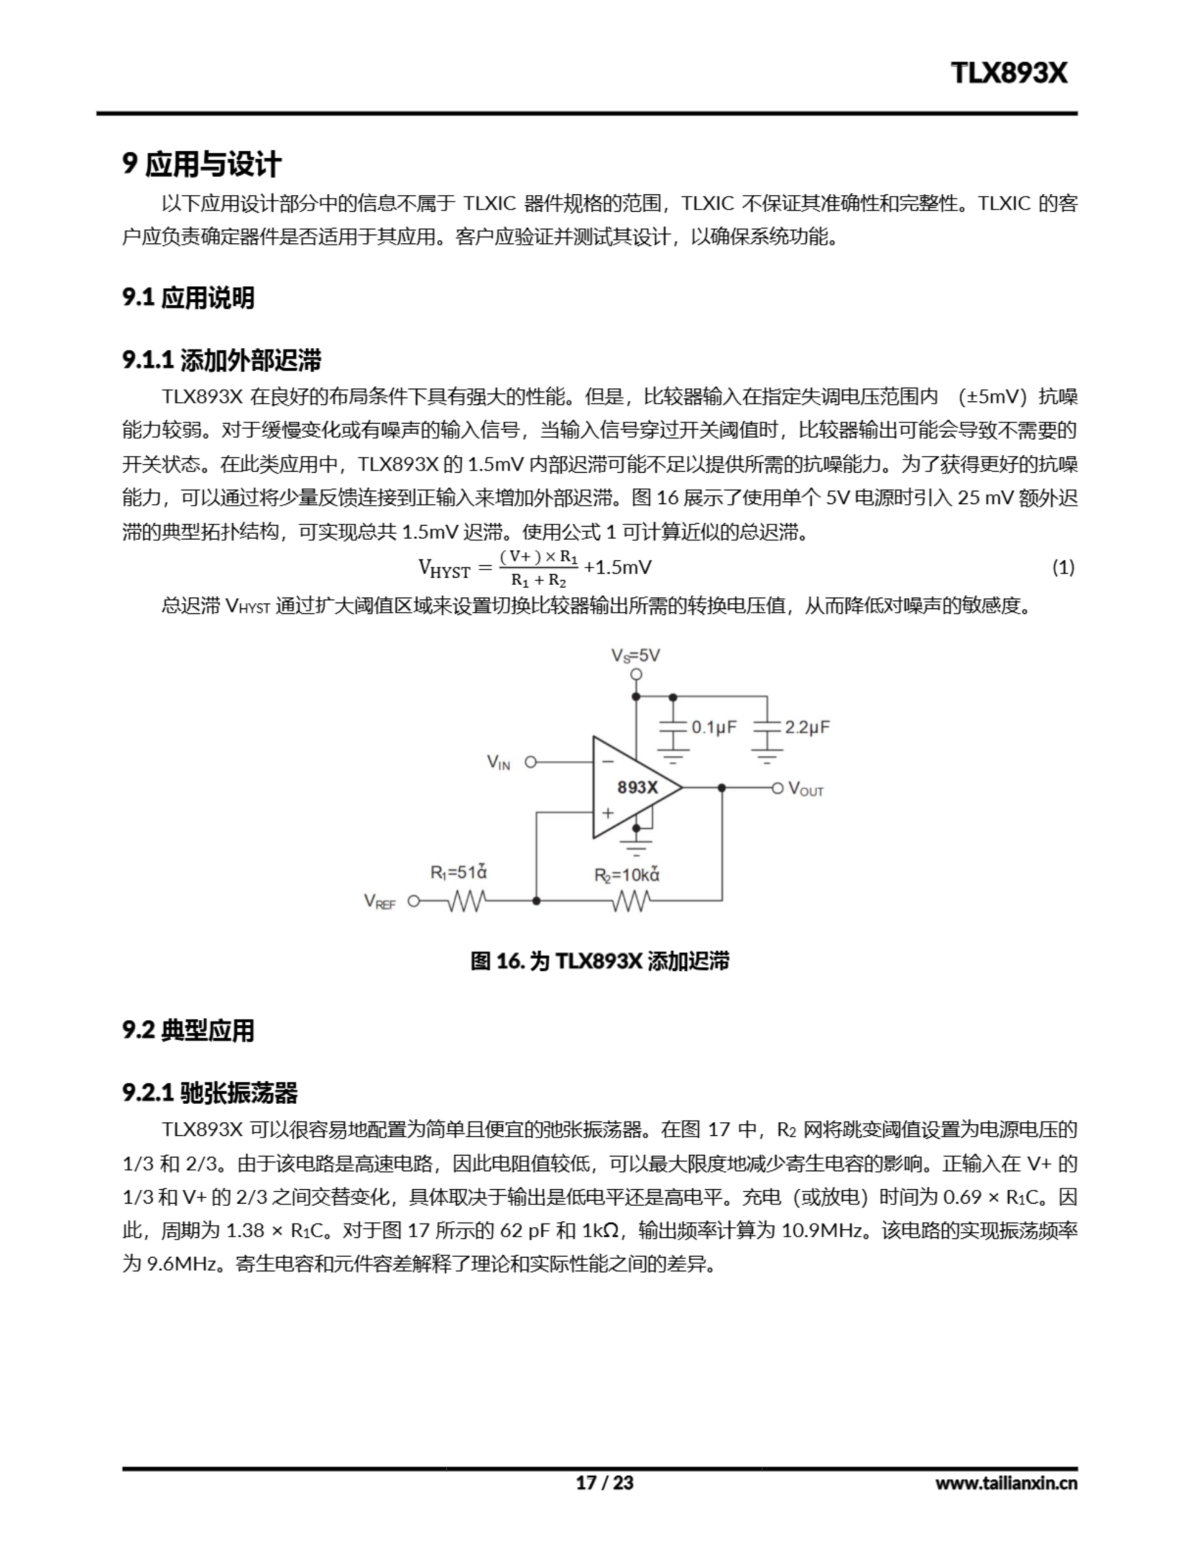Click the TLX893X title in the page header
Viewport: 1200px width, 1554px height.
point(1009,73)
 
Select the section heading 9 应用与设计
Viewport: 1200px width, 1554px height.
point(202,165)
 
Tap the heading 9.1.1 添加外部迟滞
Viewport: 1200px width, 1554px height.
point(221,360)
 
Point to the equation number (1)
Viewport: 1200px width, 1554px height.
point(1063,567)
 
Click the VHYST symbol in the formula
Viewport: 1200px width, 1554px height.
point(444,569)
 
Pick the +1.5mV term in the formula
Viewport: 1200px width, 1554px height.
point(618,567)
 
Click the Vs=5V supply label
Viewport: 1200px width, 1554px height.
point(635,656)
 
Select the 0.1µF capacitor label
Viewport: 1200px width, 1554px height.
point(713,727)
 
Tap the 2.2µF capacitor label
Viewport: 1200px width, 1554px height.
point(807,727)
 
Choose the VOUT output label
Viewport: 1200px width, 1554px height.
point(806,789)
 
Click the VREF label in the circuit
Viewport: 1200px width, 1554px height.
point(379,901)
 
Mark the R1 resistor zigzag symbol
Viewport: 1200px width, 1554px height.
point(467,901)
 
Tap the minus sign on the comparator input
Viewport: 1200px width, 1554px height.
point(607,761)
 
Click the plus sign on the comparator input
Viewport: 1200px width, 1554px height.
point(607,813)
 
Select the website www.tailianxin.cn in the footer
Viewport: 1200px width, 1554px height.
point(1006,1483)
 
